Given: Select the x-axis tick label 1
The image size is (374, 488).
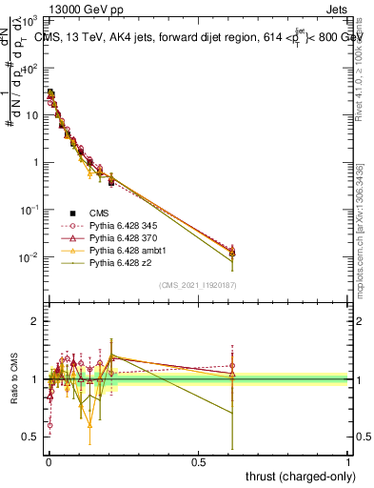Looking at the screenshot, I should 348,459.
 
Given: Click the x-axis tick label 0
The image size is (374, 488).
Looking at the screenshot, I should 48,459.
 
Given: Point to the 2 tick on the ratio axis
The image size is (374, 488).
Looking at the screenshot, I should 34,321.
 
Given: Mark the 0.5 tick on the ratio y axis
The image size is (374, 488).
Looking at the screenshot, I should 30,437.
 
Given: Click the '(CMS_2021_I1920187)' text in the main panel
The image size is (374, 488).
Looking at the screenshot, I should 197,285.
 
